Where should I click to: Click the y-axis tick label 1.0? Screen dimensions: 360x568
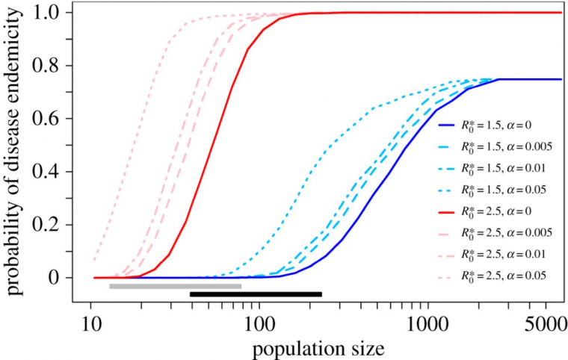click(x=50, y=13)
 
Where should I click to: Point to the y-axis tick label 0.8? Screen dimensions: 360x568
click(x=50, y=66)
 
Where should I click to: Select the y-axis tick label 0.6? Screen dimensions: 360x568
click(x=50, y=119)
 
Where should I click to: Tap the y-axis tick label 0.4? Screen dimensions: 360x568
click(x=50, y=172)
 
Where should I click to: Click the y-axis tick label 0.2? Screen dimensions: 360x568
click(x=50, y=225)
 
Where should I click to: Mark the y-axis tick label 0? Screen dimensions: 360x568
click(x=58, y=278)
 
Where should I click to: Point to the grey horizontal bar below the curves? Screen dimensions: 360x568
click(x=175, y=286)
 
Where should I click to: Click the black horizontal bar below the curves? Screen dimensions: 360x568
click(x=256, y=294)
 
